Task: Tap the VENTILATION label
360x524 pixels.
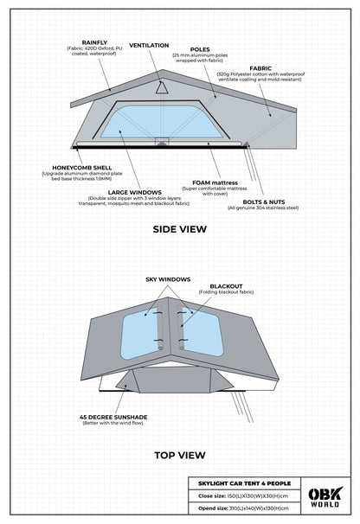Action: [150, 44]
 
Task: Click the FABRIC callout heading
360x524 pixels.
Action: [260, 67]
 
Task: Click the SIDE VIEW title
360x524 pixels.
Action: [179, 230]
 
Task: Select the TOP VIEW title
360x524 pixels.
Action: [179, 452]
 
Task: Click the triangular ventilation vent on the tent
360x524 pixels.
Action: [161, 86]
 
